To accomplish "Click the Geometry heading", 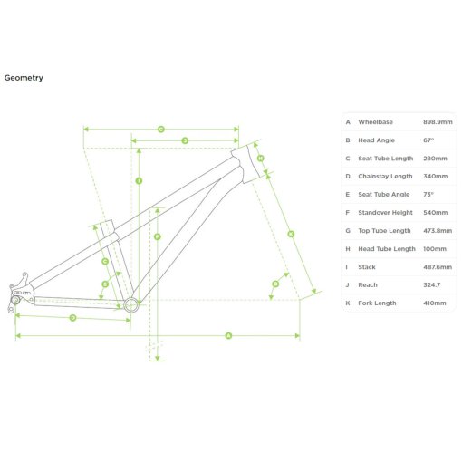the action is point(24,78).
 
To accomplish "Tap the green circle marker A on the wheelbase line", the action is point(228,335).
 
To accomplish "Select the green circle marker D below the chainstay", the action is point(72,318).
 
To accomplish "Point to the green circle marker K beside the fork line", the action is point(291,234).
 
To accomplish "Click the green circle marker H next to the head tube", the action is point(260,158).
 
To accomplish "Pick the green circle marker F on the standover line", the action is point(157,236).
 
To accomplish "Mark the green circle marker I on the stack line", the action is point(139,181).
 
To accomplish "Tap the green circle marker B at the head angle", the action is point(275,284).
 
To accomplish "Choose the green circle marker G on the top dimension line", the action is point(161,130).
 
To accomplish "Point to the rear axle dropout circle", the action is point(15,300).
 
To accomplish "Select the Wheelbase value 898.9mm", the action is point(438,122).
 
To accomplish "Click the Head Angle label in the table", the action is point(376,140).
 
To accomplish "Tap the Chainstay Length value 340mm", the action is point(435,177).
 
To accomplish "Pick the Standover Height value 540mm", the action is point(435,213).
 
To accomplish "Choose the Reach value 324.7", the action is point(432,285).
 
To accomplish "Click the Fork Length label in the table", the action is point(377,303).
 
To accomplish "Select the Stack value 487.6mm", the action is point(438,267).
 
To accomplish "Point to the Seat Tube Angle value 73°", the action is point(428,195).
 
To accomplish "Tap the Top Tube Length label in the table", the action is point(384,231).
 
